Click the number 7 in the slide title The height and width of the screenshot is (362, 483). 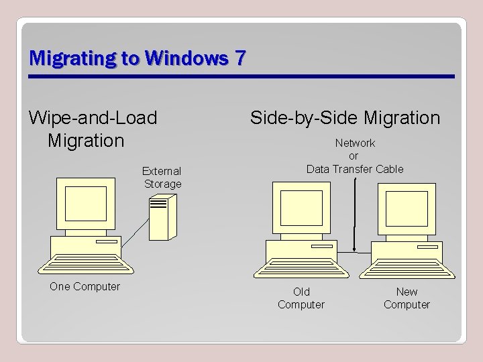[x=239, y=58]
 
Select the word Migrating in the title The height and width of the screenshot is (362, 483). [x=73, y=58]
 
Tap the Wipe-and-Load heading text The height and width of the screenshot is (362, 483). [x=93, y=118]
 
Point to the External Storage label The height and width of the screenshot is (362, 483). [x=162, y=177]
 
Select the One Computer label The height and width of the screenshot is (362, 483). [x=85, y=287]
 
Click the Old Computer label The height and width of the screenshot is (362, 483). [x=301, y=298]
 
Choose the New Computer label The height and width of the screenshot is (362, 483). [x=407, y=298]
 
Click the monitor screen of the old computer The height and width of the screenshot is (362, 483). [x=301, y=207]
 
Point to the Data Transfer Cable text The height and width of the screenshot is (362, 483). [x=355, y=169]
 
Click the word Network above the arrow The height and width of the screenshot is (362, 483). [x=355, y=143]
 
